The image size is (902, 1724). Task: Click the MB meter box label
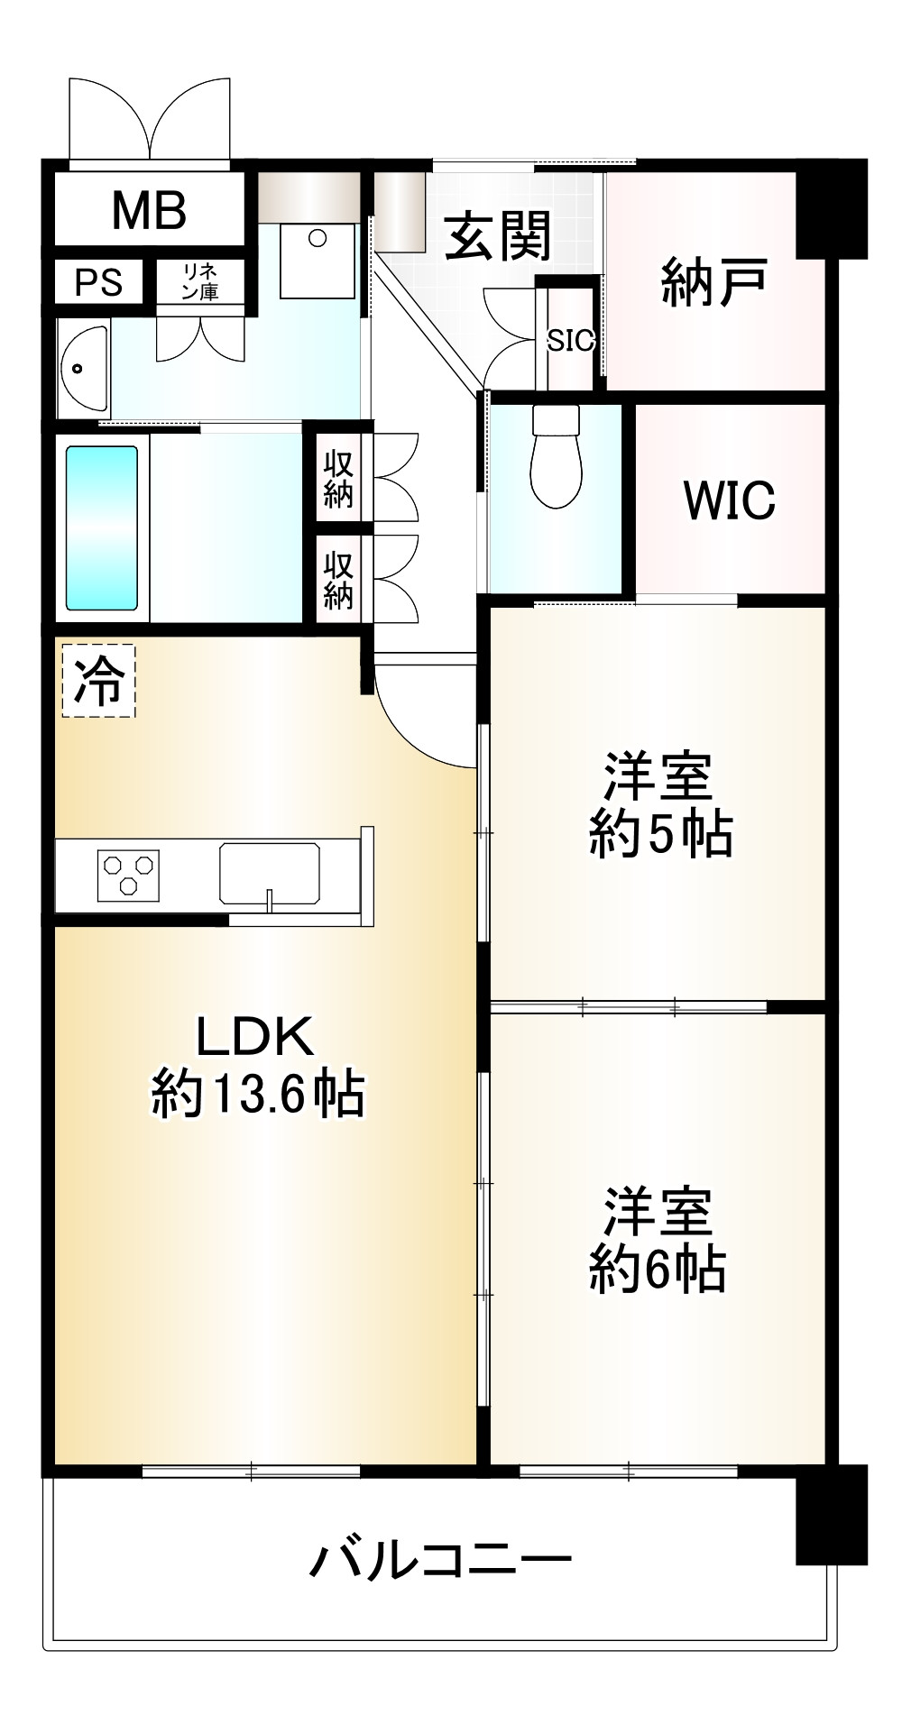coord(149,210)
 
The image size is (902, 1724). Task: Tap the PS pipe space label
coord(98,282)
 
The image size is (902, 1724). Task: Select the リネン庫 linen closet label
coord(199,281)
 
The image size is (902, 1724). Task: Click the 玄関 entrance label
coord(497,236)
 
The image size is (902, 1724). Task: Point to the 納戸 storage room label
coord(714,281)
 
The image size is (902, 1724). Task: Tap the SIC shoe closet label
coord(570,340)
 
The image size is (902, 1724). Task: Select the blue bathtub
coord(102,528)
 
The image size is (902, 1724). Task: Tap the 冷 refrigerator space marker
coord(98,681)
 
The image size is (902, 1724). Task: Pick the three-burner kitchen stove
coord(128,875)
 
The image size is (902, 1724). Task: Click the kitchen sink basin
coord(269,872)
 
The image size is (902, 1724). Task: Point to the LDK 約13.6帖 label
coord(257,1064)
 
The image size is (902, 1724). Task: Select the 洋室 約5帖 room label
coord(659,805)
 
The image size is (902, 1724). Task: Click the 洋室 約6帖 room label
coord(658,1241)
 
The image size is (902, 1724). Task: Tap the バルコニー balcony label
coord(442,1558)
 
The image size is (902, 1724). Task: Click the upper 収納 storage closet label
coord(338,479)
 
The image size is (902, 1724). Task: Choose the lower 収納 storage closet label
coord(338,580)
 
